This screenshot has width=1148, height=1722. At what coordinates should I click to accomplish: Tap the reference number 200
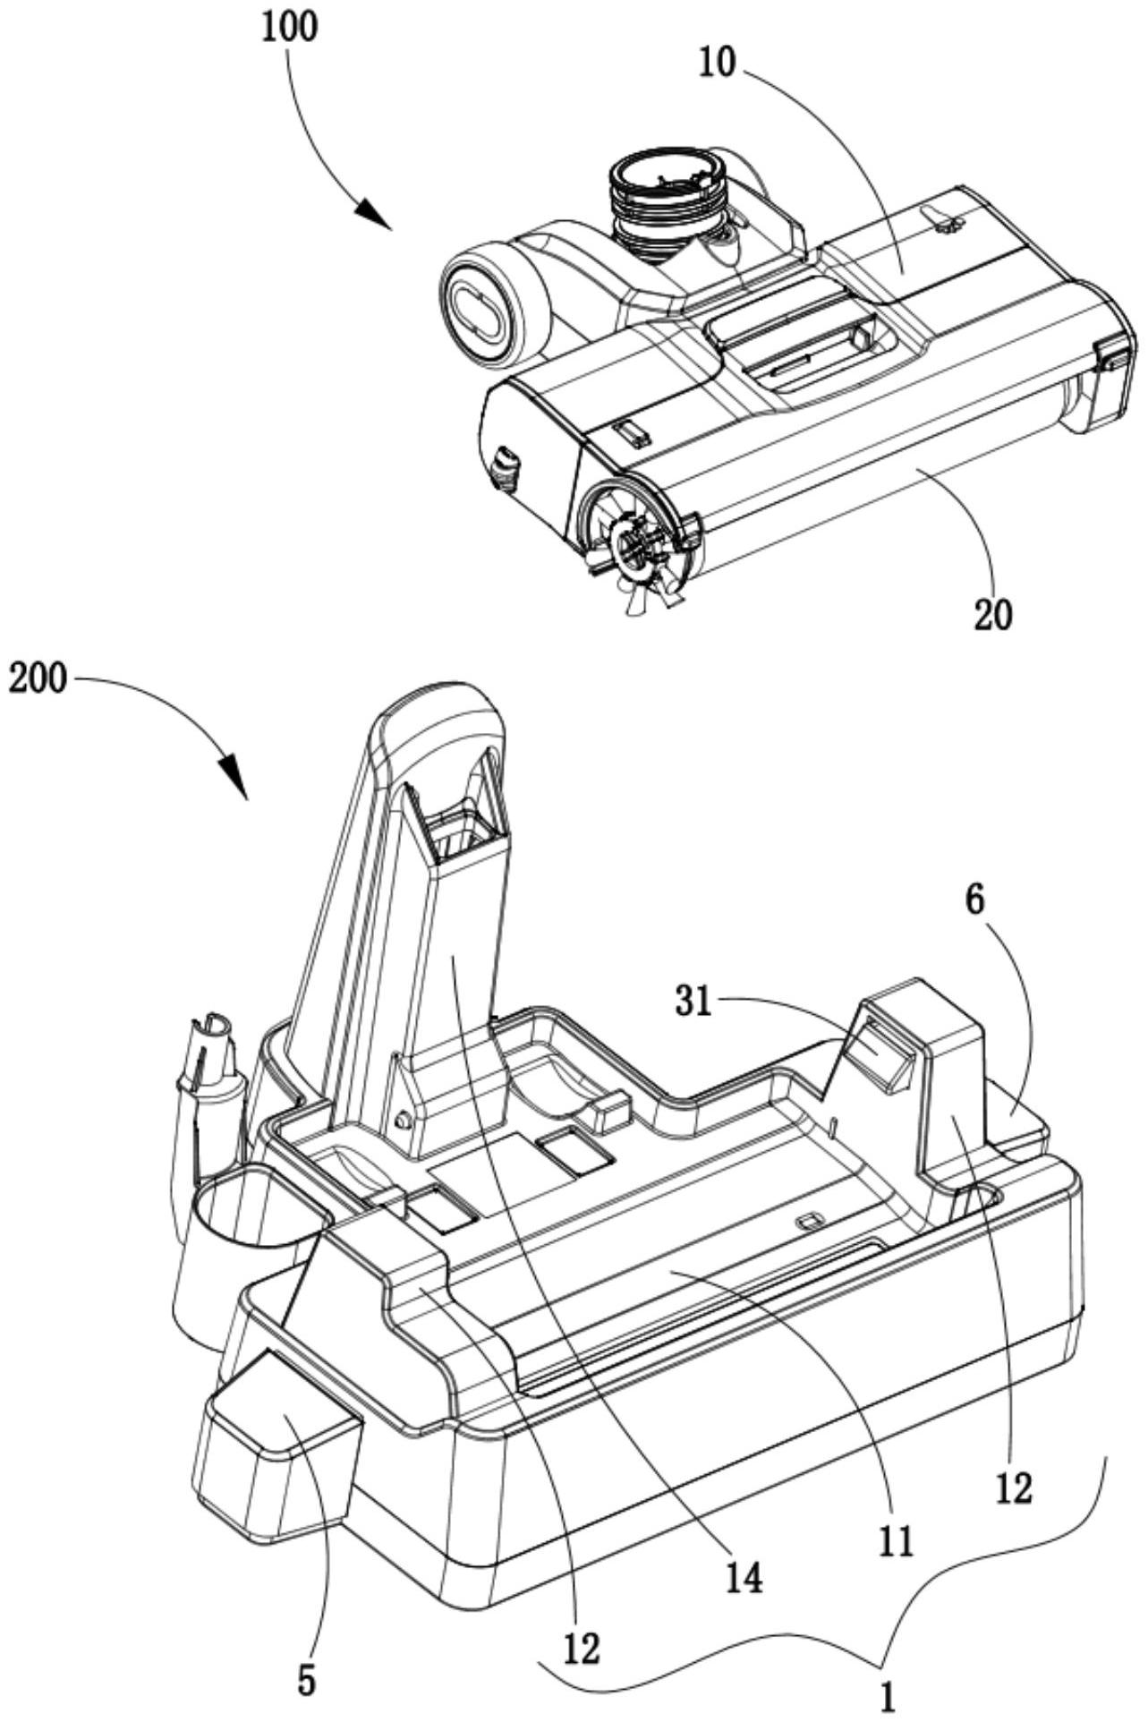point(38,678)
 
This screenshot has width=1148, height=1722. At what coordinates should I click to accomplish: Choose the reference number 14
point(745,1577)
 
